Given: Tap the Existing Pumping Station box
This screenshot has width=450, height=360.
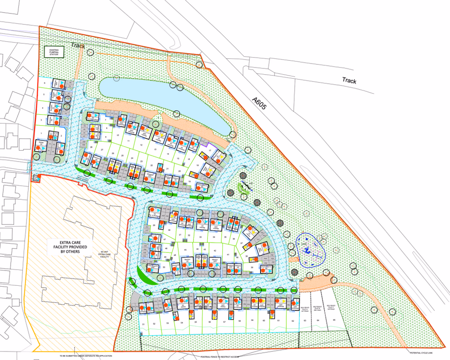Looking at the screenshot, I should [x=54, y=52].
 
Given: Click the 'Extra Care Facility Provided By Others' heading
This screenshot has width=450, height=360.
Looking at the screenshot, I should [x=66, y=247].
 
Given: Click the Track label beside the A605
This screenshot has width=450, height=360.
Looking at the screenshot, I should [x=349, y=81].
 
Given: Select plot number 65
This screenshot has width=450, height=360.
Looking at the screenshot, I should [x=334, y=320].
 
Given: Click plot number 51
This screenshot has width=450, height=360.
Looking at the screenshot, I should [x=144, y=324].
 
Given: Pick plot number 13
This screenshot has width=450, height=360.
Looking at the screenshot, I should [x=155, y=149].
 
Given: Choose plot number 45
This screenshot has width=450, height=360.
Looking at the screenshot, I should [x=184, y=250].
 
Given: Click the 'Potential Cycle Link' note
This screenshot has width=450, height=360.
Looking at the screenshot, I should [x=421, y=352].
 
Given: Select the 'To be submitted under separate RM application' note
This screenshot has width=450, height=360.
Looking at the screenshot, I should [x=85, y=356].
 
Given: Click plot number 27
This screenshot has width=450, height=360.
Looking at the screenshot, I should [x=102, y=149].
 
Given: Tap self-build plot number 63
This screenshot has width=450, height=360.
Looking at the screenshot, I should [x=305, y=320].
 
